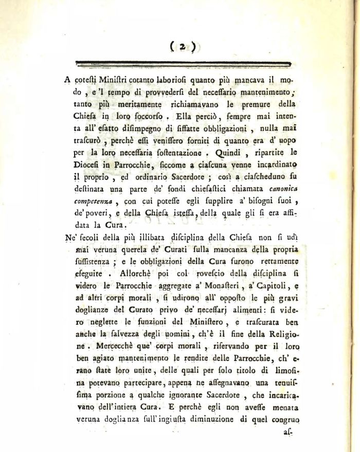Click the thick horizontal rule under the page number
coord(183,63)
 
